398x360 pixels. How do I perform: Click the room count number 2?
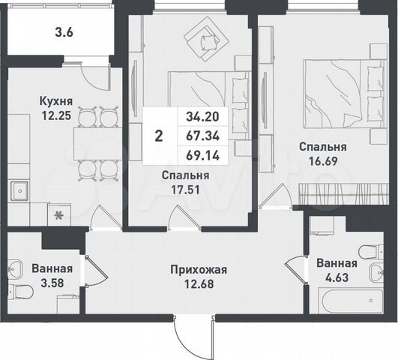tap(157, 136)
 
